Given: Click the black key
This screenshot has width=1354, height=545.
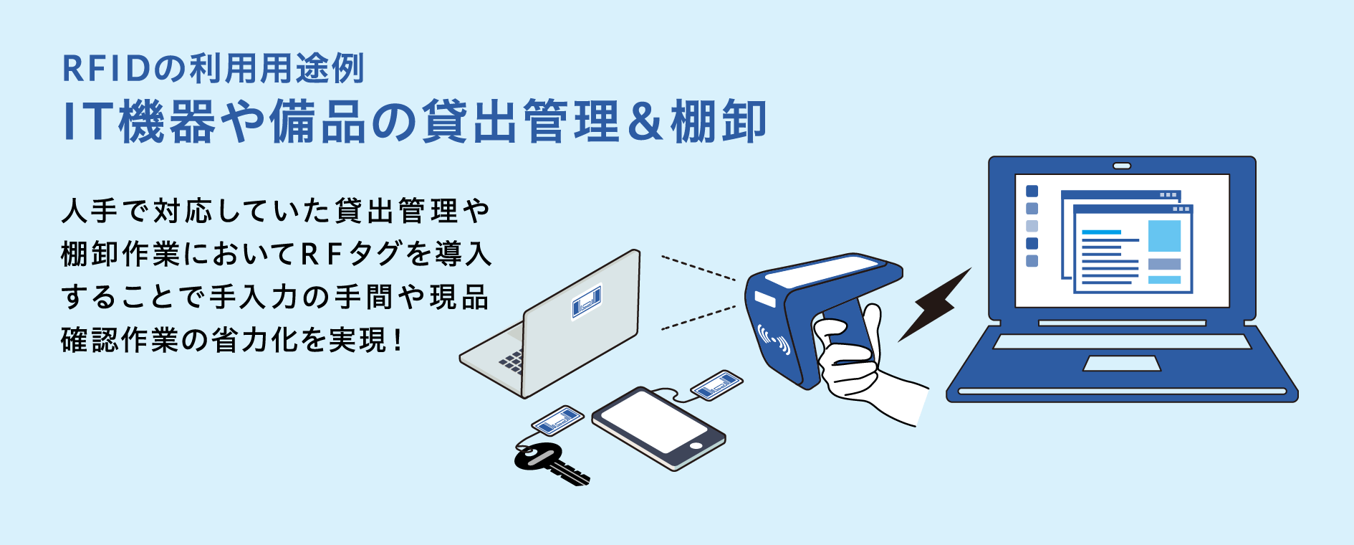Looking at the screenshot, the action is click(x=548, y=464).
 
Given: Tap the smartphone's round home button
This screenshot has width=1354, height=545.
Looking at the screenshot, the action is click(x=695, y=445).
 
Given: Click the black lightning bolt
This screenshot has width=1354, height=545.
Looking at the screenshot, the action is click(x=934, y=304).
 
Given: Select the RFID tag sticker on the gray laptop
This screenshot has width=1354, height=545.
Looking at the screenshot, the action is click(x=587, y=301).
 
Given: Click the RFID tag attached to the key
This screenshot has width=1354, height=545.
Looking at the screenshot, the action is click(x=557, y=420).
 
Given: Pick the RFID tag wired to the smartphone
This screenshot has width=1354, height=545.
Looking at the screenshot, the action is click(x=716, y=386).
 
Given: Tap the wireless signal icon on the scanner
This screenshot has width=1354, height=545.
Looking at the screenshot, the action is click(x=774, y=340).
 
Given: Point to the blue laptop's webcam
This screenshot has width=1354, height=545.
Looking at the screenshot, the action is click(x=1122, y=166).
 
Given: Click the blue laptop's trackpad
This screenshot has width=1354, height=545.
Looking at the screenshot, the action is click(x=1121, y=364).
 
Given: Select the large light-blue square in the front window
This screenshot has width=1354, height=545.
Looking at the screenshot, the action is click(x=1164, y=236).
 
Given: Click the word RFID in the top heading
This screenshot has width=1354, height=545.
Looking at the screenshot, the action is click(x=106, y=69).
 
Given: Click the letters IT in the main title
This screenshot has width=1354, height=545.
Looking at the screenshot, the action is click(x=87, y=122).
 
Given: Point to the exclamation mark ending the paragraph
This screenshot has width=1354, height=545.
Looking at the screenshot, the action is click(x=398, y=340).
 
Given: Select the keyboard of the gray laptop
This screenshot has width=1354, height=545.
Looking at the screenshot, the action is click(x=511, y=361).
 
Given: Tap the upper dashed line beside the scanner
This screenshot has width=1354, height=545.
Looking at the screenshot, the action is click(x=698, y=267).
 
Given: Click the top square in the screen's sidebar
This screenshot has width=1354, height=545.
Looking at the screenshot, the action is click(x=1032, y=191).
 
